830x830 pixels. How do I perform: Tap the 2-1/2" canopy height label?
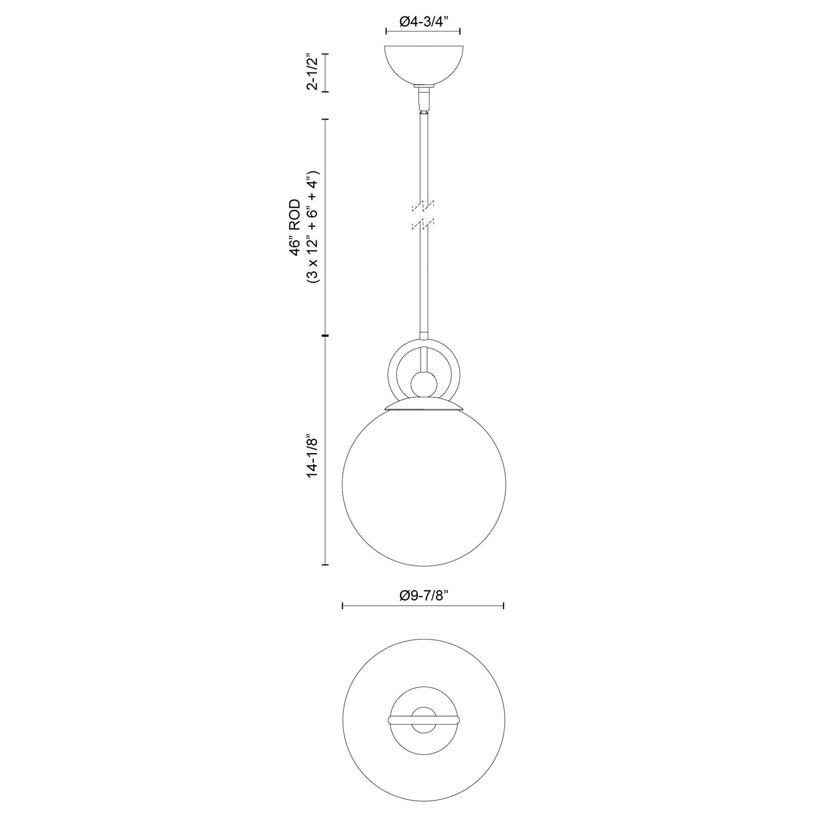pyautogui.click(x=313, y=72)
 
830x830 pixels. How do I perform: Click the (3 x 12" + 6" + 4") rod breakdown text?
pyautogui.click(x=313, y=227)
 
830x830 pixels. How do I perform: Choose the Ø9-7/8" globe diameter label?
pyautogui.click(x=423, y=595)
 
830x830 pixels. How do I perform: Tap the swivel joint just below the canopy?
pyautogui.click(x=423, y=100)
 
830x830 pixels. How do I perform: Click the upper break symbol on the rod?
pyautogui.click(x=423, y=206)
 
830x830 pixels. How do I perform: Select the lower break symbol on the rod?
pyautogui.click(x=423, y=224)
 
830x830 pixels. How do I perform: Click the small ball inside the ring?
pyautogui.click(x=423, y=383)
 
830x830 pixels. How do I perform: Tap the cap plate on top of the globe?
pyautogui.click(x=423, y=406)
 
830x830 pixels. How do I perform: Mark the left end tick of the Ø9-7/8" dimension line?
pyautogui.click(x=343, y=606)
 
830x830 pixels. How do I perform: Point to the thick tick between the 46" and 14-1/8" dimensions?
pyautogui.click(x=325, y=336)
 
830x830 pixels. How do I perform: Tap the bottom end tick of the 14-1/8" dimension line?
pyautogui.click(x=325, y=564)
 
